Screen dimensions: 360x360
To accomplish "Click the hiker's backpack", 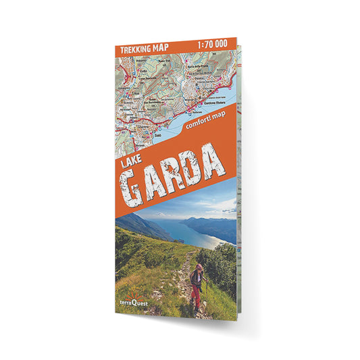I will click(195, 278).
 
